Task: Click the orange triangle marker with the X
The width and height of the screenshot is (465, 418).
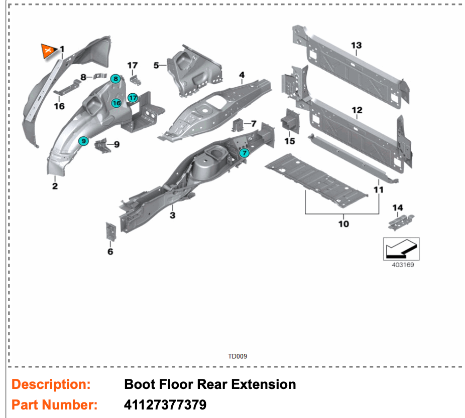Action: [48, 51]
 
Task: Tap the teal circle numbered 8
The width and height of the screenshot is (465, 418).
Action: [115, 78]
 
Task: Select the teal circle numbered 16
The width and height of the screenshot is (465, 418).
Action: [116, 103]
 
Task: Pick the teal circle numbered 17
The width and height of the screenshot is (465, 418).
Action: [133, 98]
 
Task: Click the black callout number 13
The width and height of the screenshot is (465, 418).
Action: [356, 46]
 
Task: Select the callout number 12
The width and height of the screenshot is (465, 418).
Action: [357, 110]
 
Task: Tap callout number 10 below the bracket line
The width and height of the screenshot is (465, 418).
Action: [343, 224]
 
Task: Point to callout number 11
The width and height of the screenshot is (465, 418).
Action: [379, 189]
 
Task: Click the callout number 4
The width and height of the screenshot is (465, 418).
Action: [242, 76]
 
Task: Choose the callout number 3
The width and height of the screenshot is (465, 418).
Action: [172, 216]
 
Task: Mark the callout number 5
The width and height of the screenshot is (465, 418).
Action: [156, 65]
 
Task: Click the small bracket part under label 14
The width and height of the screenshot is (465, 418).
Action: [401, 221]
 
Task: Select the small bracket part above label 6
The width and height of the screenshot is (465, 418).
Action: [110, 232]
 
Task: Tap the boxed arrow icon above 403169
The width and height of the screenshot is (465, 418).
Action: [401, 248]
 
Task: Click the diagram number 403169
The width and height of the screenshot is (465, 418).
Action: [403, 265]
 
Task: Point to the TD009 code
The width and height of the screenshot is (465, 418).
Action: [238, 356]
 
